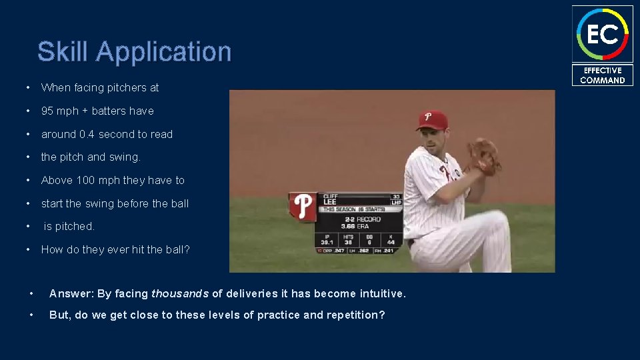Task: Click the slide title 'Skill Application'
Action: (134, 52)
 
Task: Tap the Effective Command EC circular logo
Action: (602, 34)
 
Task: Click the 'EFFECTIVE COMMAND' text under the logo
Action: (602, 75)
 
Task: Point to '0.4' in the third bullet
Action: (87, 134)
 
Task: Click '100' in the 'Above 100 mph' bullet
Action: (85, 180)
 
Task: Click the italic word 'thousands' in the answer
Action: (180, 293)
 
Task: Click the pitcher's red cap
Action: (431, 120)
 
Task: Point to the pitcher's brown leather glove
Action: (484, 157)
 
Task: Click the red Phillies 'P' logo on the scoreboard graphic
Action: (304, 206)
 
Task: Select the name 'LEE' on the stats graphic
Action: (330, 202)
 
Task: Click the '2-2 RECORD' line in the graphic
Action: (361, 219)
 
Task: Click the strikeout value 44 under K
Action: (391, 243)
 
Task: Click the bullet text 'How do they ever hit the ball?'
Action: (115, 249)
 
